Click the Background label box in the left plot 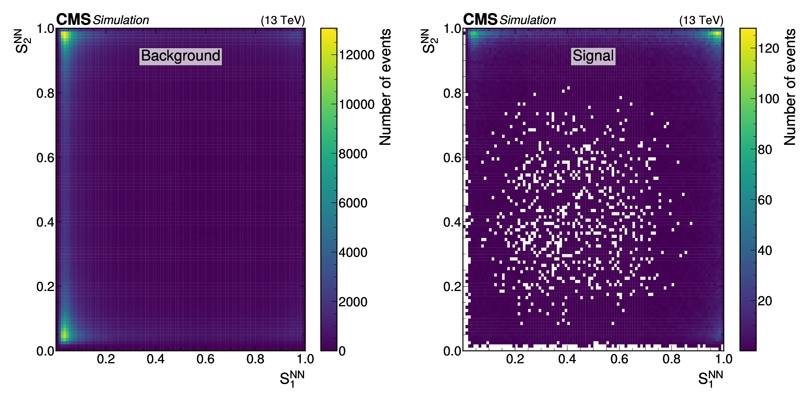tap(180, 56)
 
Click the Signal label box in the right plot tap(593, 56)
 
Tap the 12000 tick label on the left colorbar tap(356, 55)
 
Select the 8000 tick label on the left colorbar tap(353, 154)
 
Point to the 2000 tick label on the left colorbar tap(353, 302)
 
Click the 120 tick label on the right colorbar tap(769, 49)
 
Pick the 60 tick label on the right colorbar tap(765, 200)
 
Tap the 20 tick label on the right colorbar tap(765, 301)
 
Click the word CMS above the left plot tap(73, 20)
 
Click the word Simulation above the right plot tap(528, 20)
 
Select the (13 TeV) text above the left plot tap(283, 21)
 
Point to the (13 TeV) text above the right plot tap(701, 21)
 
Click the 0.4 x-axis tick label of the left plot tap(156, 359)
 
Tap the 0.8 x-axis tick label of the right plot tap(671, 359)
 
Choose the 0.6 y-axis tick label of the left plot tap(45, 158)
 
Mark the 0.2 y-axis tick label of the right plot tap(452, 287)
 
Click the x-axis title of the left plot tap(292, 379)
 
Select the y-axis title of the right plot tap(429, 41)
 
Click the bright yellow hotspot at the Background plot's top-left tap(64, 35)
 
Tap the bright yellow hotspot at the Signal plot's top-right tap(717, 33)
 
